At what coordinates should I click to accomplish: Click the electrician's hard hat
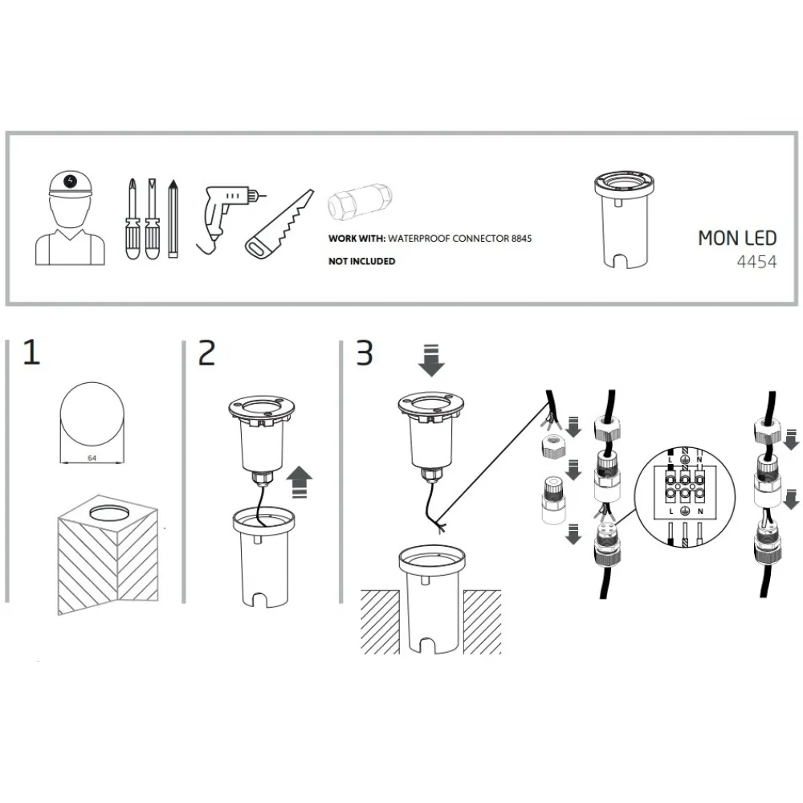pos(71,183)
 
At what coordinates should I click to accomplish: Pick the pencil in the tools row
pos(173,218)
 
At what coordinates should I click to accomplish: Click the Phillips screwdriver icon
pos(132,218)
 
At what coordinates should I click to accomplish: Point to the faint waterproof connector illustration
pos(360,202)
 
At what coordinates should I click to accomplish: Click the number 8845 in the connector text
pos(521,238)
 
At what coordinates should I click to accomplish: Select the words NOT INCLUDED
pos(361,261)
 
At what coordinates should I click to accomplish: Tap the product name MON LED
pos(737,238)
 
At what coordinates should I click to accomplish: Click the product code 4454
pos(756,263)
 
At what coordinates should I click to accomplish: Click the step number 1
pos(32,353)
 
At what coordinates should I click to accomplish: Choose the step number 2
pos(207,353)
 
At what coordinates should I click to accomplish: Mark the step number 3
pos(365,353)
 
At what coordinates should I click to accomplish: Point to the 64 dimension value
pos(92,458)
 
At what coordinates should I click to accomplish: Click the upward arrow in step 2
pos(299,482)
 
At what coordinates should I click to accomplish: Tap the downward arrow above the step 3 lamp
pos(431,360)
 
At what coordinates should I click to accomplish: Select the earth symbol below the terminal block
pos(685,511)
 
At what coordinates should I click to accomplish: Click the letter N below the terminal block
pos(699,511)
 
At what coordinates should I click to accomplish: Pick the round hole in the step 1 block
pos(108,512)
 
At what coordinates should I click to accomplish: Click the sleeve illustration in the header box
pos(624,220)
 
